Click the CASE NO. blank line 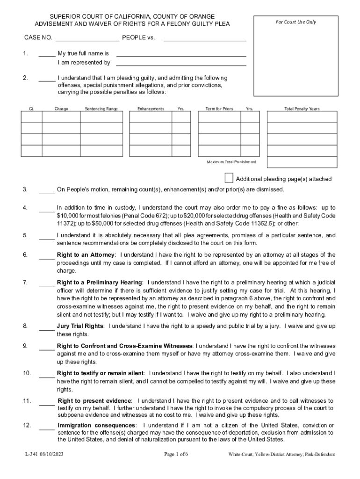coord(87,40)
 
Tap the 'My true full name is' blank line coord(181,56)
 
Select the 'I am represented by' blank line coord(181,65)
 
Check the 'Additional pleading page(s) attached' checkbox coord(229,178)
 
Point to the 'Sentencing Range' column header coord(101,109)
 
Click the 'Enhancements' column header coord(151,109)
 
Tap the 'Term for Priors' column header coord(219,109)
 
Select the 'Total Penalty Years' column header coord(302,109)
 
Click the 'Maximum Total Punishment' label coord(231,162)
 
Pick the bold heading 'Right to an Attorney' coord(86,255)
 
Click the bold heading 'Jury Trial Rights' coord(80,326)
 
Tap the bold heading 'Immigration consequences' coord(97,425)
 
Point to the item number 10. coord(27,373)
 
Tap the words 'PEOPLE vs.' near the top coord(138,37)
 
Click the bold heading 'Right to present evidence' coord(95,401)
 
